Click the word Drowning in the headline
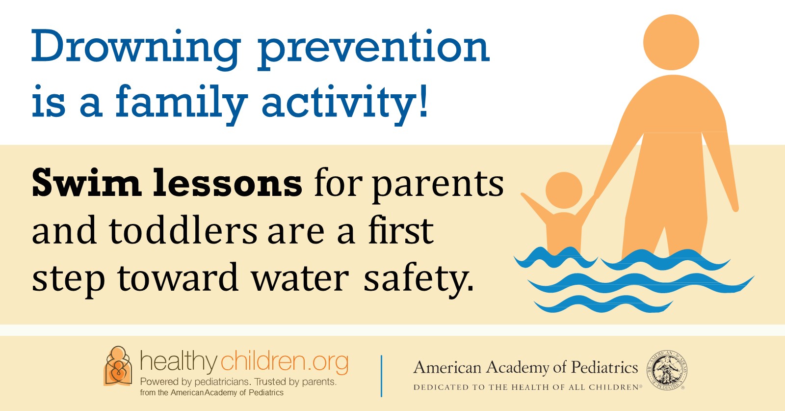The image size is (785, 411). pos(136,49)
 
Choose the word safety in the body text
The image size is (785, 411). pos(419,279)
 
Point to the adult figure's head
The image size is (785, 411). pos(671,42)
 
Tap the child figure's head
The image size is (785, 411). pos(564,191)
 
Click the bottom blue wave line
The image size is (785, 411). pos(603,303)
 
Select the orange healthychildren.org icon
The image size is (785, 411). pos(118,366)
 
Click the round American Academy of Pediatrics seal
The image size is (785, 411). pos(667,370)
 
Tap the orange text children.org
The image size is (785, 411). pos(284,362)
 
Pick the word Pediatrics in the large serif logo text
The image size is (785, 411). pos(604,367)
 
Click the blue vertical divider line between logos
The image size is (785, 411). pos(381,376)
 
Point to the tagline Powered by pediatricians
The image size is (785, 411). pos(196,382)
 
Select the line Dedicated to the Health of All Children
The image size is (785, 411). pos(527,387)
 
